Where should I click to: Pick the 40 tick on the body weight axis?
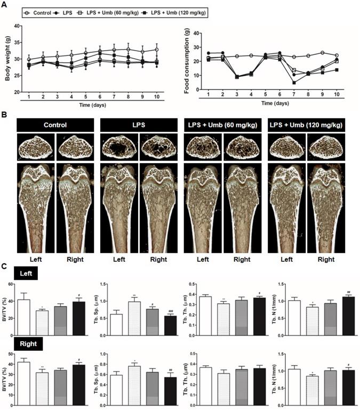pyautogui.click(x=17, y=26)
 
